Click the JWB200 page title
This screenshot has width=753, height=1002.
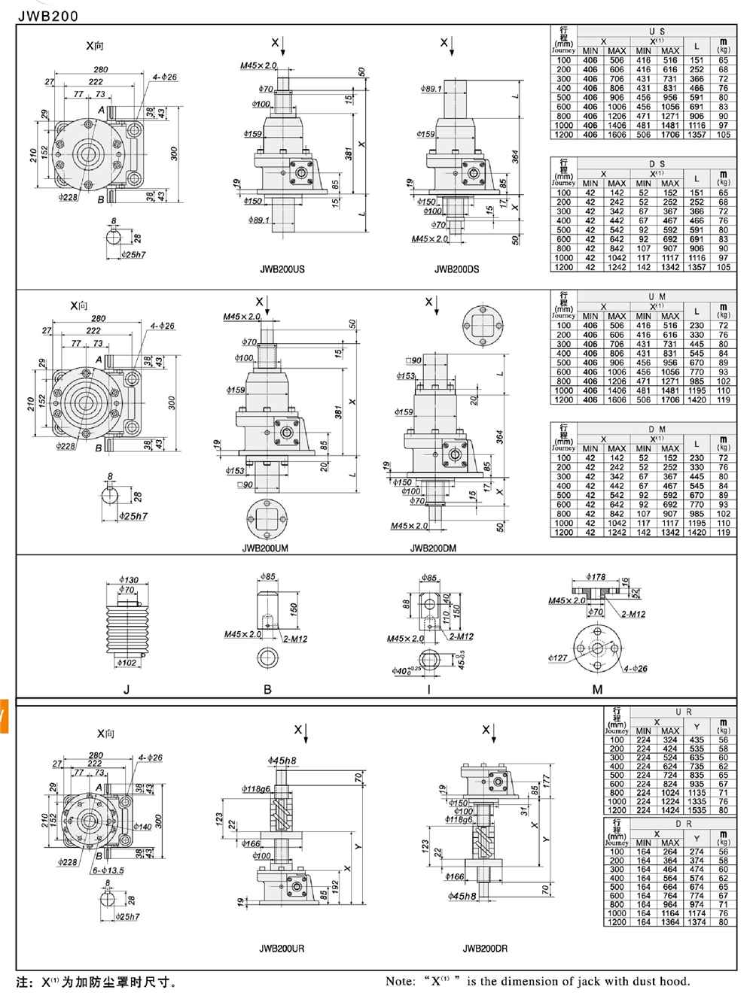pos(47,16)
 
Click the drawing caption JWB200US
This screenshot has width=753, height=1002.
pos(282,269)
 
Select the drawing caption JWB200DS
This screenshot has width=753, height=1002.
pos(456,269)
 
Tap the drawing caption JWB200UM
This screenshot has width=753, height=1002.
pos(265,548)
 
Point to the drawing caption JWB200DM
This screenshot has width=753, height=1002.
pos(434,548)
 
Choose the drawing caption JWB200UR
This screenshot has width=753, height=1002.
pos(282,949)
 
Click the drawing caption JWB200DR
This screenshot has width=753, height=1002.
pos(485,949)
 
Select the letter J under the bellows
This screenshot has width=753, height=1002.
pos(127,689)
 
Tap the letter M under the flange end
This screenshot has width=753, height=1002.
pos(597,689)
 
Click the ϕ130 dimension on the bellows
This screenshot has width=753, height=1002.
pos(129,580)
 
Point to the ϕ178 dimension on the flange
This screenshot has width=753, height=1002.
pos(596,577)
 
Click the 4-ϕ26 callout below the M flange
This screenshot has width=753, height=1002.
pos(635,669)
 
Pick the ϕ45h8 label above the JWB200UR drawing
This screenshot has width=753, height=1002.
pos(282,761)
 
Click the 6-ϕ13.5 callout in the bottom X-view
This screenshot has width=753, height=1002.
pos(108,870)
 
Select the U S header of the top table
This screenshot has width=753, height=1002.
pos(657,32)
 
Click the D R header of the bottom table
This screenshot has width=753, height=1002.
pos(683,824)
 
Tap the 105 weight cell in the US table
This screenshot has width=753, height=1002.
pos(723,135)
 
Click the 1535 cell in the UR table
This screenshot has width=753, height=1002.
pos(697,811)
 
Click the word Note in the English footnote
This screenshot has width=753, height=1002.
pos(400,981)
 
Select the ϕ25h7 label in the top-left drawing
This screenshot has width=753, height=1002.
pos(133,255)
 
